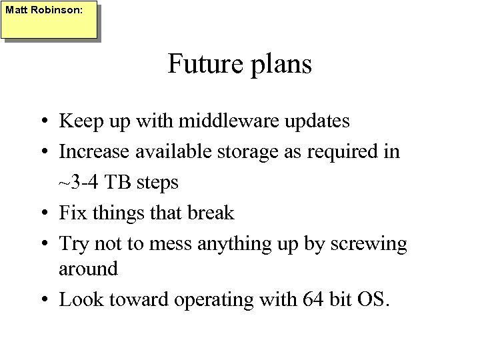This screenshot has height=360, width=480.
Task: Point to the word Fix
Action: tap(73, 213)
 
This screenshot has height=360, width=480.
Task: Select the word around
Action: tap(89, 270)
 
